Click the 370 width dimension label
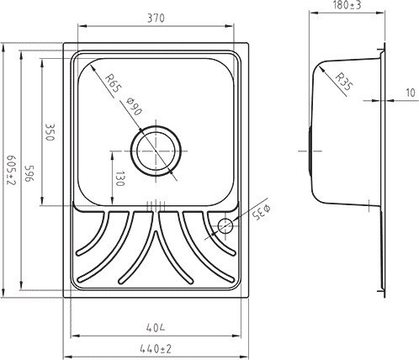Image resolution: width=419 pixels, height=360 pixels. (x=156, y=19)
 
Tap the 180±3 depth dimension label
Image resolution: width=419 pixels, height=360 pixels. (x=347, y=5)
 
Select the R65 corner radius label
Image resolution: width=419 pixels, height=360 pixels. (x=113, y=83)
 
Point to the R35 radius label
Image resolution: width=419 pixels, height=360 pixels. (x=343, y=82)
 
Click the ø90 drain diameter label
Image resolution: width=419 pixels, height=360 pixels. (x=134, y=106)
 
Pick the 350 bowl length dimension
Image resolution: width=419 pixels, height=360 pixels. (x=50, y=132)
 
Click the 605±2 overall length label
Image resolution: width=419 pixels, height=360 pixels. (x=12, y=170)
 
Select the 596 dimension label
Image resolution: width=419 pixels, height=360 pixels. (x=29, y=173)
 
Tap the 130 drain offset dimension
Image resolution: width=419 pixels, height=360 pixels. (x=119, y=178)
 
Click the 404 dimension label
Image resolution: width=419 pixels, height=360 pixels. (x=156, y=327)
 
